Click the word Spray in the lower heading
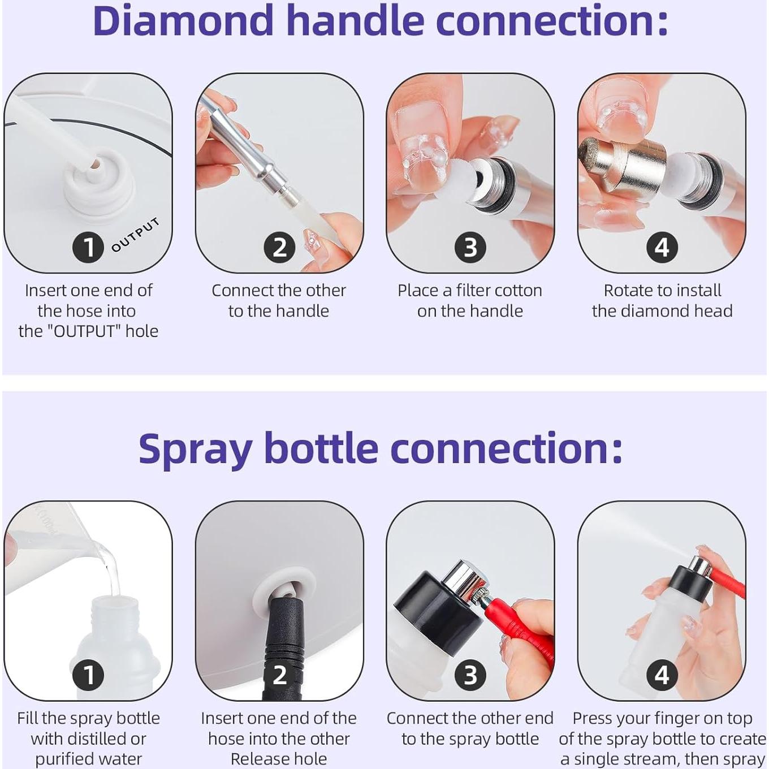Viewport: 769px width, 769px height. [x=195, y=449]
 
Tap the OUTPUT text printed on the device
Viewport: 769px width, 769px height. [x=135, y=235]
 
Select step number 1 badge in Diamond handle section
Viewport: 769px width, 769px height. [x=88, y=248]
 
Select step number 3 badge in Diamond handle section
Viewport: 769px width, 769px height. [x=470, y=248]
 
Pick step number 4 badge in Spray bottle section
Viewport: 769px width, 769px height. [x=662, y=675]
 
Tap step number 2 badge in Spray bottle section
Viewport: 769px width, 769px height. [x=279, y=675]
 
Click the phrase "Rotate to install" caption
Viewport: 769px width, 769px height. [x=662, y=291]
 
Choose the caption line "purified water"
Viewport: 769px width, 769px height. [x=88, y=759]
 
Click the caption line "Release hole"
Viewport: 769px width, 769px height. [x=279, y=759]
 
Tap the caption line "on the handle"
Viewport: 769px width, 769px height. [x=470, y=311]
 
